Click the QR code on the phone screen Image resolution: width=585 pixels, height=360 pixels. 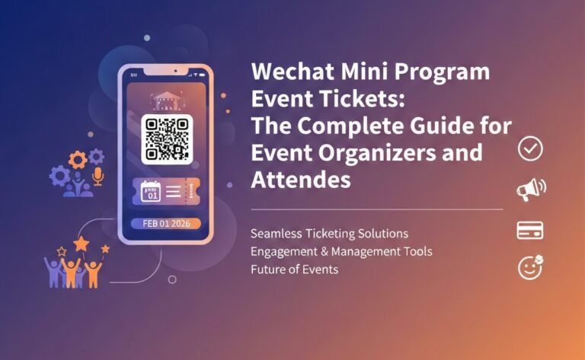point(167,138)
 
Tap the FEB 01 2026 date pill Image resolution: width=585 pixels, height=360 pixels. point(165,224)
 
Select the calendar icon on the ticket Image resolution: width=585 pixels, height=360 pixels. point(149,191)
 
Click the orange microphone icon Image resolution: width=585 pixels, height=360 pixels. point(98,177)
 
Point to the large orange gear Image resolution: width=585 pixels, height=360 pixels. point(78,160)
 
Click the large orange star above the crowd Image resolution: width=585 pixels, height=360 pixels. point(82,244)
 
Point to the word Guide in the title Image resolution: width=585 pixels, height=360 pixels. point(427,126)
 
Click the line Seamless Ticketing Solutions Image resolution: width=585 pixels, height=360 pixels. point(329,232)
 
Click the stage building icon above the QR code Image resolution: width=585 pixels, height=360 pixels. point(167,99)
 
